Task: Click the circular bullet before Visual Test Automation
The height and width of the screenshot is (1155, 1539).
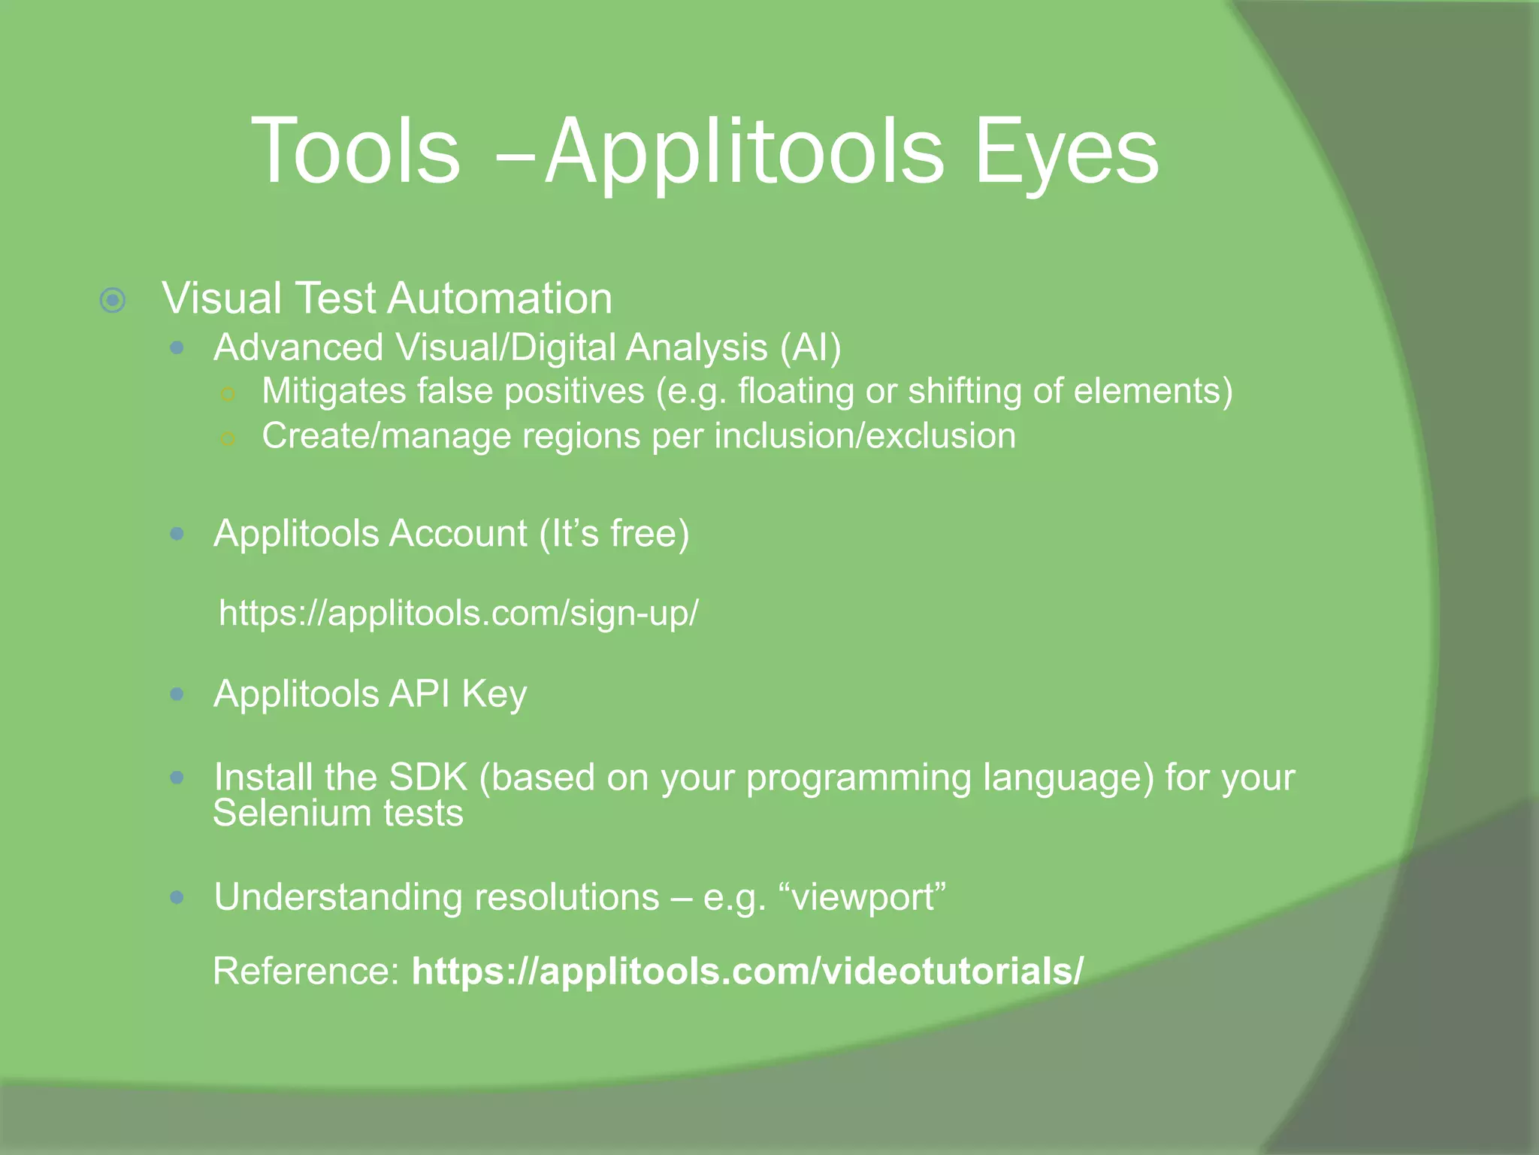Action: (x=113, y=301)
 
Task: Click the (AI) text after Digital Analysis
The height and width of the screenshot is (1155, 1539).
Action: (x=810, y=348)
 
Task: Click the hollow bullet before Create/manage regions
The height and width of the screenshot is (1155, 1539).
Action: (x=228, y=438)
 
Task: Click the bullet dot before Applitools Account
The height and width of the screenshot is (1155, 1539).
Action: (x=177, y=534)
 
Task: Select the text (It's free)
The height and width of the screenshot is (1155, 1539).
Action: (x=614, y=534)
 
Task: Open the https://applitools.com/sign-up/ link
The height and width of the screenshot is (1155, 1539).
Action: (x=458, y=613)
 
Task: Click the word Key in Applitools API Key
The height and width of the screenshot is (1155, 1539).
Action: (x=494, y=694)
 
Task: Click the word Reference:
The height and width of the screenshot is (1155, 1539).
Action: (x=306, y=971)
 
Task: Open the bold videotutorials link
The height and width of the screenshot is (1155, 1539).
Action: (x=747, y=971)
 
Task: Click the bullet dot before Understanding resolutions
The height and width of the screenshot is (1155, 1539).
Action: (x=177, y=897)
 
